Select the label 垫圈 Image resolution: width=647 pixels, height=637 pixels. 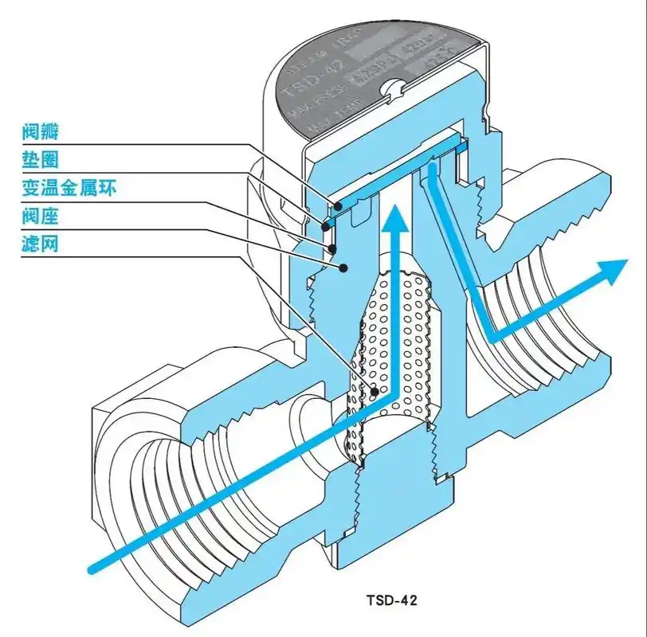coord(41,159)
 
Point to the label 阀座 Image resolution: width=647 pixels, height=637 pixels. coord(41,217)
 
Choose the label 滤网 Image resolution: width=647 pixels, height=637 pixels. coord(41,244)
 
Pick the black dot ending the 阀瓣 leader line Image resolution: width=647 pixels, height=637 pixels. coord(339,205)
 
